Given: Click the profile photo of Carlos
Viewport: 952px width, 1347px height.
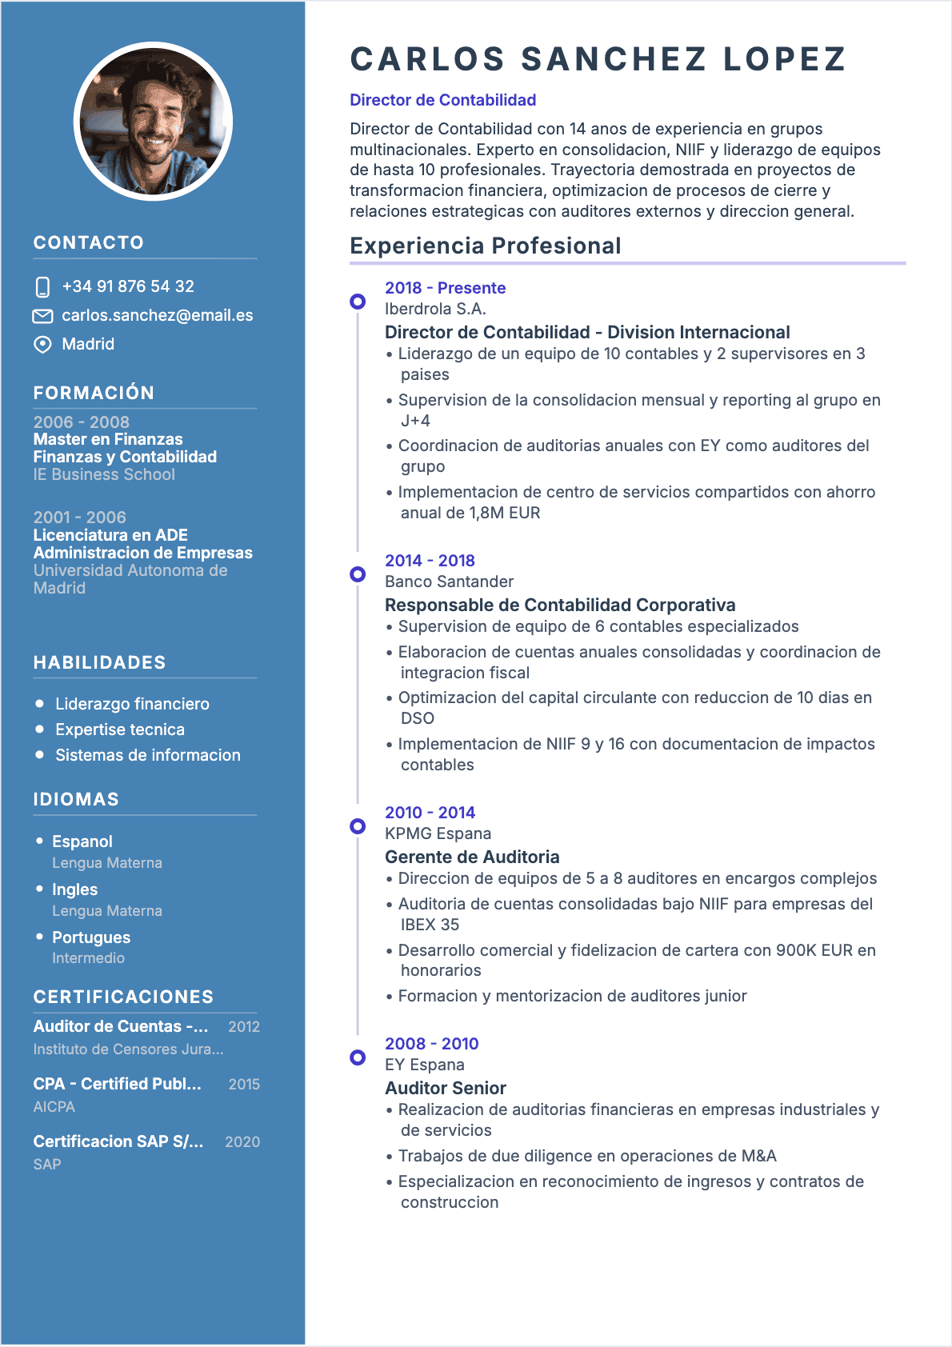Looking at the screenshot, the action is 153,122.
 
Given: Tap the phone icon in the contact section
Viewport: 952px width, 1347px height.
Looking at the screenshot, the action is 43,287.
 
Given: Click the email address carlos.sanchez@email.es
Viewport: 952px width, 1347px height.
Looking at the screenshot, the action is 158,315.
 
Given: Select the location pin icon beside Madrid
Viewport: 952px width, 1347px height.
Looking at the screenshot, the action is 42,345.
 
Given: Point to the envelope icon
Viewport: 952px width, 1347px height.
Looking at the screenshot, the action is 42,316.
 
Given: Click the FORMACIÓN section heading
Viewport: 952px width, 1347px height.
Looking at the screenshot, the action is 94,393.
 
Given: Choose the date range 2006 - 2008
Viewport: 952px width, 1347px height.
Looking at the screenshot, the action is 81,422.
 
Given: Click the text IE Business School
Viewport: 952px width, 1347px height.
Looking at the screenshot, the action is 104,474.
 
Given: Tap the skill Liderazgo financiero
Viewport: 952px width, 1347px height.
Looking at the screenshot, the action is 132,704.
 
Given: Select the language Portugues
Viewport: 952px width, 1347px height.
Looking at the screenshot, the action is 91,937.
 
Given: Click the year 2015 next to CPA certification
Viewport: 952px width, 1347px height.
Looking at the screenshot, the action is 244,1085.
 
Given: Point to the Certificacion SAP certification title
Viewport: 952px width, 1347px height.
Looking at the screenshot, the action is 118,1141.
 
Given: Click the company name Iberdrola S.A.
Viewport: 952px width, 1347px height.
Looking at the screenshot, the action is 435,309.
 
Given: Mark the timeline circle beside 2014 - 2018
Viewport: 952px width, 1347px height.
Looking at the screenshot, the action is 358,574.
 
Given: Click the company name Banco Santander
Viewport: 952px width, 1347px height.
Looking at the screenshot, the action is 449,582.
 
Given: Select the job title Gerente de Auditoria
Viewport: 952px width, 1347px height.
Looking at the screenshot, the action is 472,857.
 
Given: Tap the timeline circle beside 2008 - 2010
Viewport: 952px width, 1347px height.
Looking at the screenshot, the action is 358,1057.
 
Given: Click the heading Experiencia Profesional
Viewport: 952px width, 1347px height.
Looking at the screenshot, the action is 485,246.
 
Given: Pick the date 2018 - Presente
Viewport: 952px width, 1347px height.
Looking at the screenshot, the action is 445,288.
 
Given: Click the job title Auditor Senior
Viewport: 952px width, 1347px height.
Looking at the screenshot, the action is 446,1088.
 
